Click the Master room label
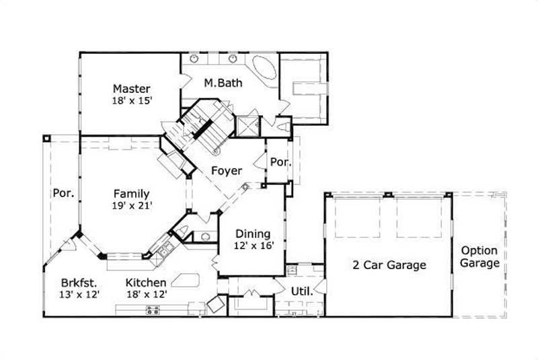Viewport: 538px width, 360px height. (x=131, y=89)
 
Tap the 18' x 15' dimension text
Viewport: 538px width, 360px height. (x=131, y=100)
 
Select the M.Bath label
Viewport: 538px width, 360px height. (x=223, y=83)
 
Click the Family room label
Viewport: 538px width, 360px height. (x=131, y=194)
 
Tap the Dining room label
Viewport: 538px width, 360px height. (x=253, y=233)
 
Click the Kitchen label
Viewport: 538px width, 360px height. (x=145, y=283)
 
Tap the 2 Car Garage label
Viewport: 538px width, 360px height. (x=389, y=264)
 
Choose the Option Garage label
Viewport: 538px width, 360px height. (x=479, y=256)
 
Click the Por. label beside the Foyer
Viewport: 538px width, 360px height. (x=278, y=162)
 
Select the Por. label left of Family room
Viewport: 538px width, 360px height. (x=63, y=194)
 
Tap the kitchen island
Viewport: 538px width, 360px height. (x=188, y=281)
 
